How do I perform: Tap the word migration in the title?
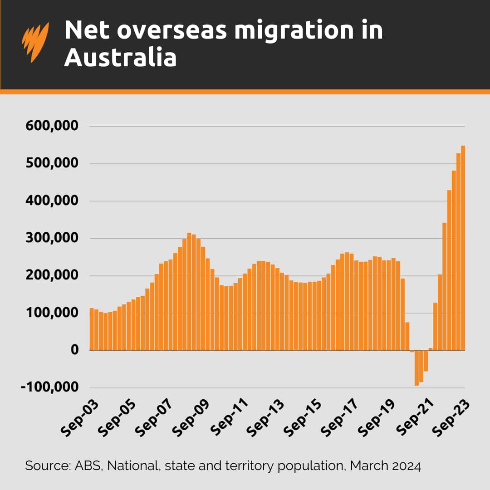coord(278,30)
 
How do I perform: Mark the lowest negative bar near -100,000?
coord(416,368)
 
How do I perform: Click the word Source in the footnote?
coord(44,466)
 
